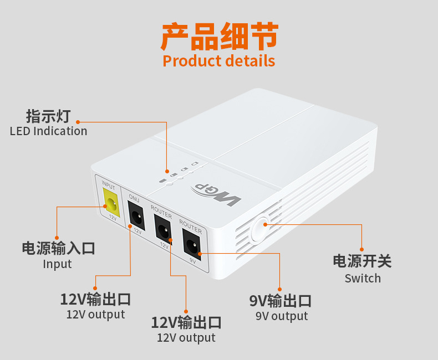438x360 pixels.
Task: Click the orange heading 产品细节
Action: coord(219,37)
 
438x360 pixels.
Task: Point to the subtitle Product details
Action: coord(219,60)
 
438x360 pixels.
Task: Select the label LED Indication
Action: coord(49,131)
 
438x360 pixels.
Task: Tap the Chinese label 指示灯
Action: coord(49,116)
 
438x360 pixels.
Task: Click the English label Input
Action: coord(58,264)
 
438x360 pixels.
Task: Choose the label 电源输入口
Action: coord(58,248)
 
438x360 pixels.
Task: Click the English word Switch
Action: coord(363,278)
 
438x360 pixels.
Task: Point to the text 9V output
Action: coord(281,316)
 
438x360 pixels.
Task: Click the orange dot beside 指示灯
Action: coord(78,121)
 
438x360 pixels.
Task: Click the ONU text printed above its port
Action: coord(134,198)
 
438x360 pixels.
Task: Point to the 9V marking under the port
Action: coord(193,259)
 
